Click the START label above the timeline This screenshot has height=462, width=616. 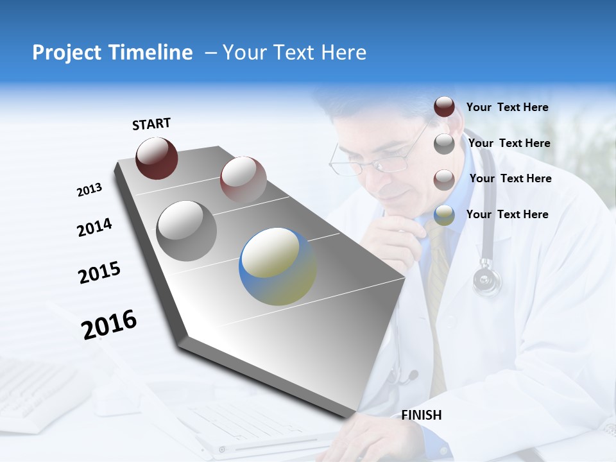pyautogui.click(x=151, y=124)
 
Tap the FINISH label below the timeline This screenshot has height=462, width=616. pyautogui.click(x=422, y=415)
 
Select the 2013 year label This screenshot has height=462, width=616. pyautogui.click(x=89, y=190)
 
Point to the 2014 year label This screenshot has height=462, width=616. pyautogui.click(x=94, y=227)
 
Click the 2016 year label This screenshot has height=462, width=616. pyautogui.click(x=110, y=325)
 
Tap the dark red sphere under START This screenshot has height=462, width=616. pyautogui.click(x=157, y=158)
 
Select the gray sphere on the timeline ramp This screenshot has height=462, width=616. pyautogui.click(x=187, y=231)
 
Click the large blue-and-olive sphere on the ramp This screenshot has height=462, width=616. pyautogui.click(x=278, y=266)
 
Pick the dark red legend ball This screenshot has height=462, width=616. pyautogui.click(x=444, y=107)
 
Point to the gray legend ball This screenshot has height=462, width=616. pyautogui.click(x=444, y=143)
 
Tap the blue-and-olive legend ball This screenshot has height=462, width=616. pyautogui.click(x=444, y=215)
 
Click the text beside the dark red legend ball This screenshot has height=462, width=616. pyautogui.click(x=507, y=108)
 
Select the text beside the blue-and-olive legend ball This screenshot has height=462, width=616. pyautogui.click(x=507, y=214)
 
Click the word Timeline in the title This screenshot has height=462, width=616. pyautogui.click(x=151, y=53)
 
